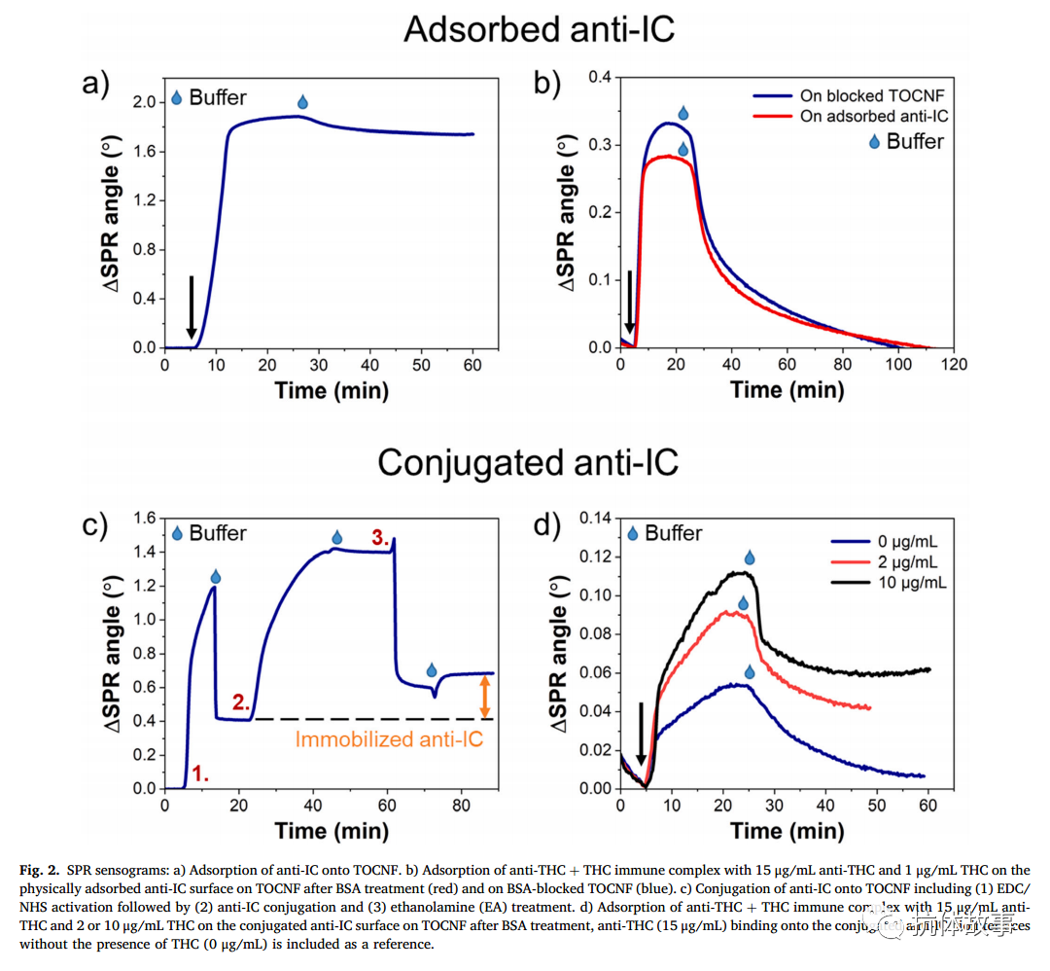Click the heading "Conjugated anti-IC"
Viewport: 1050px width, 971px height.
point(528,462)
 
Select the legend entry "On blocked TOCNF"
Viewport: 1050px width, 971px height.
point(871,95)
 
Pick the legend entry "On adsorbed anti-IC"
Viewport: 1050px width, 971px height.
point(874,117)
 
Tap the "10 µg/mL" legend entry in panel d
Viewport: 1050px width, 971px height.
point(908,583)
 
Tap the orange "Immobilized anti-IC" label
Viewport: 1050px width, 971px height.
point(389,740)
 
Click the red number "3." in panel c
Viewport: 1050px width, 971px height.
point(380,537)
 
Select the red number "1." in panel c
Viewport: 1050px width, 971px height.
point(200,774)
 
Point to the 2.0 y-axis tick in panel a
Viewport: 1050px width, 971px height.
point(144,102)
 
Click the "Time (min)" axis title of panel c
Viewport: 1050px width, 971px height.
point(332,831)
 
